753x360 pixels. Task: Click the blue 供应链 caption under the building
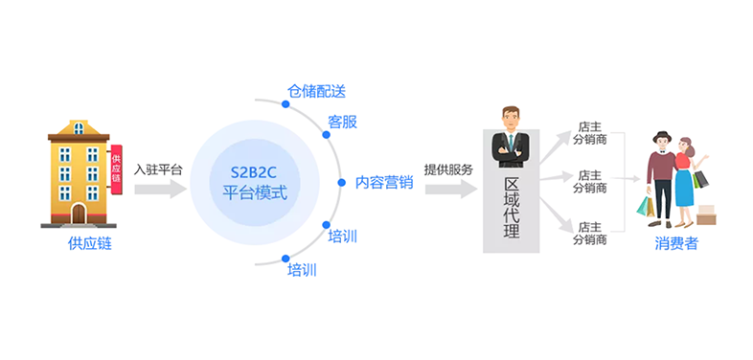click(90, 244)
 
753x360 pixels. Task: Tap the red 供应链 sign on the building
click(116, 169)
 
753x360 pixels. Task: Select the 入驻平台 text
click(158, 169)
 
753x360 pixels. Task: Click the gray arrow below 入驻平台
click(160, 190)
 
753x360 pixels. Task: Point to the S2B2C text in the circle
click(255, 172)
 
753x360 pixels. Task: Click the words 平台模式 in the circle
click(255, 193)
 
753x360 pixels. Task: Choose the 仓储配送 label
click(316, 91)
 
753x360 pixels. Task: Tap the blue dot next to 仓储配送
click(285, 103)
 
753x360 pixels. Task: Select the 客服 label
click(342, 122)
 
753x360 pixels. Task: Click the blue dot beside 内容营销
click(341, 183)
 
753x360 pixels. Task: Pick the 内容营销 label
click(384, 183)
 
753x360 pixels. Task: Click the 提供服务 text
click(448, 169)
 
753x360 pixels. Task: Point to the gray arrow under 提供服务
click(451, 190)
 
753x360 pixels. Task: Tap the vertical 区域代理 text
click(512, 208)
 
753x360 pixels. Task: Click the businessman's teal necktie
click(511, 143)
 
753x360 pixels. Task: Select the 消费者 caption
click(676, 244)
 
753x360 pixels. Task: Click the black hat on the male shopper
click(662, 136)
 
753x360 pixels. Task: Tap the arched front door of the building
click(79, 214)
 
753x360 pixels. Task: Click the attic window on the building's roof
click(79, 128)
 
